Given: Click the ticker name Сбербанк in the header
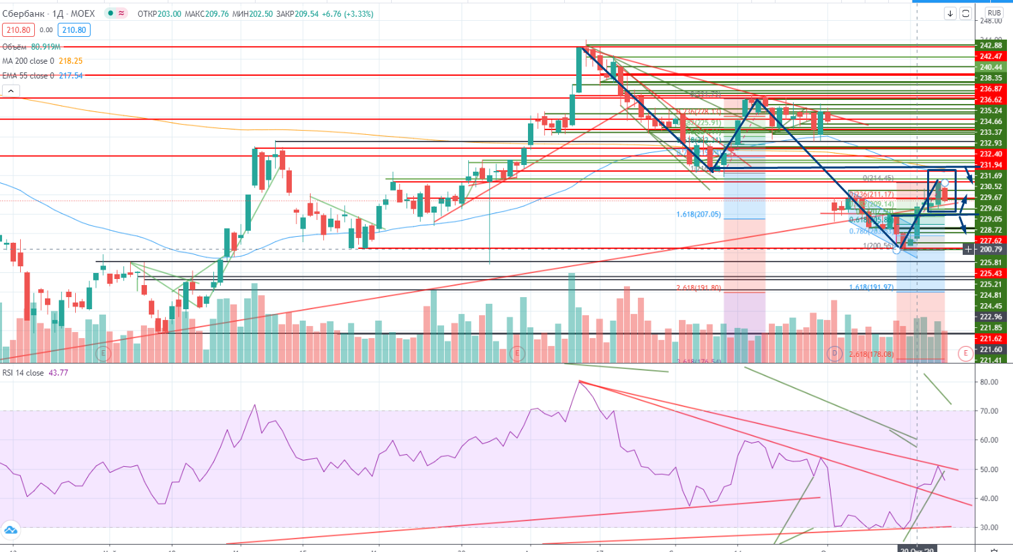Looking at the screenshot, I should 23,13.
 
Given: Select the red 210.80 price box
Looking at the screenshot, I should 18,30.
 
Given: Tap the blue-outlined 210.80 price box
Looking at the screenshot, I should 74,30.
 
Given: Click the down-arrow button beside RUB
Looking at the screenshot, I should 950,13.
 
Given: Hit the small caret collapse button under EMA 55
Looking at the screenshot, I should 11,91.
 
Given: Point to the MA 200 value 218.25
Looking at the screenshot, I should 70,61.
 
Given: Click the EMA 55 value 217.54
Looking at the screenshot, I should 70,76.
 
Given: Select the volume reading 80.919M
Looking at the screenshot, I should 46,47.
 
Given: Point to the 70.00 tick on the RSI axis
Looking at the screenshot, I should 988,411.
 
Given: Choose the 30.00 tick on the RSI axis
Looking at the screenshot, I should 988,528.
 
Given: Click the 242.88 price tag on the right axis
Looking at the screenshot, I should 991,46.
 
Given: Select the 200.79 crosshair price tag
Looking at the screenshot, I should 990,250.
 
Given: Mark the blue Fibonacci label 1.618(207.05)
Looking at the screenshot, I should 698,215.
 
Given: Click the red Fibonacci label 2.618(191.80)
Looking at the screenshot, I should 698,288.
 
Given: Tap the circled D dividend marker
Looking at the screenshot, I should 835,353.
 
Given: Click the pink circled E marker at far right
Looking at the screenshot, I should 965,353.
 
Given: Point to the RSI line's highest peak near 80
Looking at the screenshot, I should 579,381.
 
